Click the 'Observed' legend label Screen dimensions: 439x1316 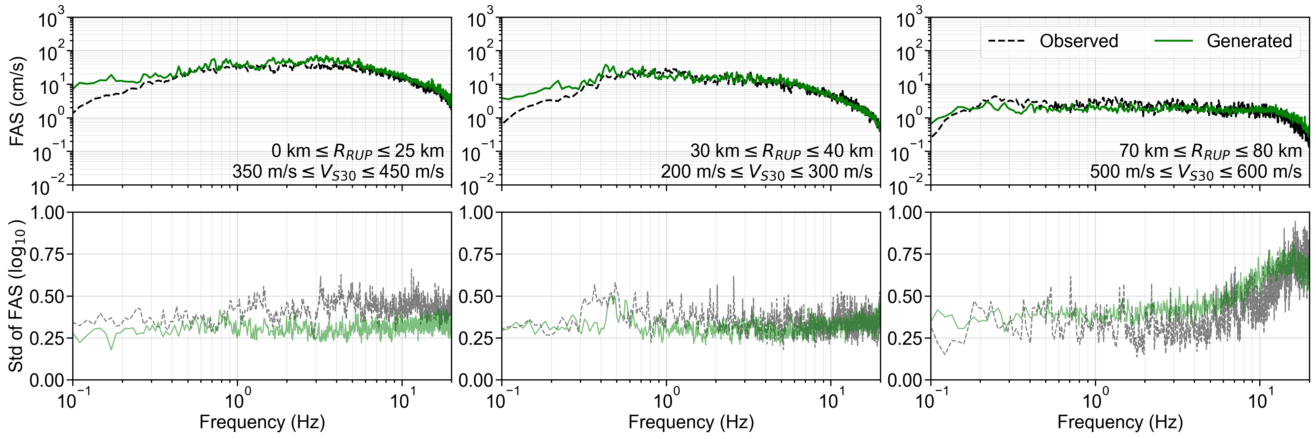click(1079, 41)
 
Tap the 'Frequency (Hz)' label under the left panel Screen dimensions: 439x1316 click(262, 422)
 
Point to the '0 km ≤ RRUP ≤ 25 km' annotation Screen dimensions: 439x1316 click(358, 151)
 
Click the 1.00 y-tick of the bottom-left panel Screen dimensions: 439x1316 click(47, 212)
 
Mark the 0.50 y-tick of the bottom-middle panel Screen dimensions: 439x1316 click(476, 296)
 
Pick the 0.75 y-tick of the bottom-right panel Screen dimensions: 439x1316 click(905, 255)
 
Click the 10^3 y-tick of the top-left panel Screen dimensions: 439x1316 click(51, 20)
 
